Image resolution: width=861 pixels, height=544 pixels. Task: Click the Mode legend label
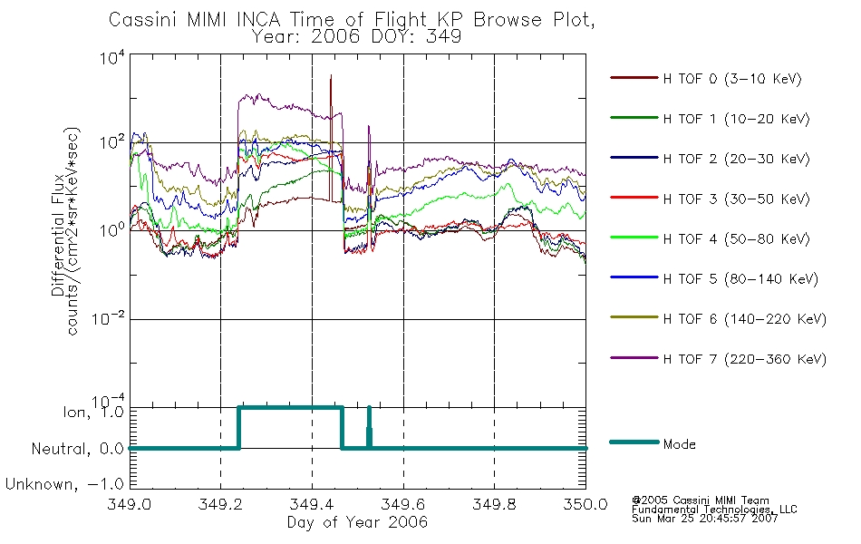(679, 444)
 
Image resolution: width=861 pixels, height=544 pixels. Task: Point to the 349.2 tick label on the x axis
(220, 504)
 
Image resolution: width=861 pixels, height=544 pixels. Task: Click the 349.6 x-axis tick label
(403, 504)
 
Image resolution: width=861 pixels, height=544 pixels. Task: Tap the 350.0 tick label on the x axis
(585, 504)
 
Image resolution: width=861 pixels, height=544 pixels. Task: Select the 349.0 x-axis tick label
(129, 504)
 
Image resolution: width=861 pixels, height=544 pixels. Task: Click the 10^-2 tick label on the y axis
(108, 317)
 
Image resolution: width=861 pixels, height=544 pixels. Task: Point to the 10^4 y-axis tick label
(112, 57)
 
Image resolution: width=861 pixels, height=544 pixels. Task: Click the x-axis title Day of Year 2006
(357, 522)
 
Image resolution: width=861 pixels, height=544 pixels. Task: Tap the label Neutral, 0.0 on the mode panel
(77, 449)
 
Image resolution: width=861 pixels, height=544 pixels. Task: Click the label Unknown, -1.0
(63, 484)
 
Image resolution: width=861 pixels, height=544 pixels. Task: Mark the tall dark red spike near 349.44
(331, 139)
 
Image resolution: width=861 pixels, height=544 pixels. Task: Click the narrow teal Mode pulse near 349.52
(369, 428)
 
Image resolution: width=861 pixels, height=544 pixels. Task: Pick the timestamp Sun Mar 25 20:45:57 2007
(704, 519)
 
